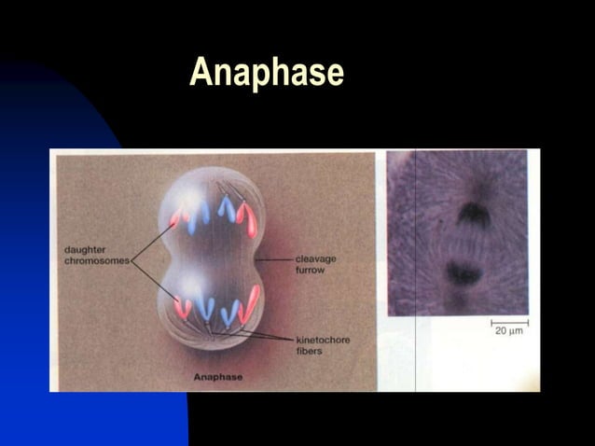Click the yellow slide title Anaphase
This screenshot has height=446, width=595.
point(267,73)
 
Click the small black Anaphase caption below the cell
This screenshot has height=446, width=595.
point(217,377)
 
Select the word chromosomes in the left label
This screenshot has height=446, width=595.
point(97,260)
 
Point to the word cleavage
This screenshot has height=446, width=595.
point(315,258)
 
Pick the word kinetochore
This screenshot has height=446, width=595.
point(323,340)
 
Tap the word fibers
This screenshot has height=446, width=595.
point(310,351)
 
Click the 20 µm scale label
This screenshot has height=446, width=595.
point(508,331)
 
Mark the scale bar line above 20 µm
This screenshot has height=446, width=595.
point(508,322)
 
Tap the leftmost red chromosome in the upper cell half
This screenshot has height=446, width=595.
point(179,216)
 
